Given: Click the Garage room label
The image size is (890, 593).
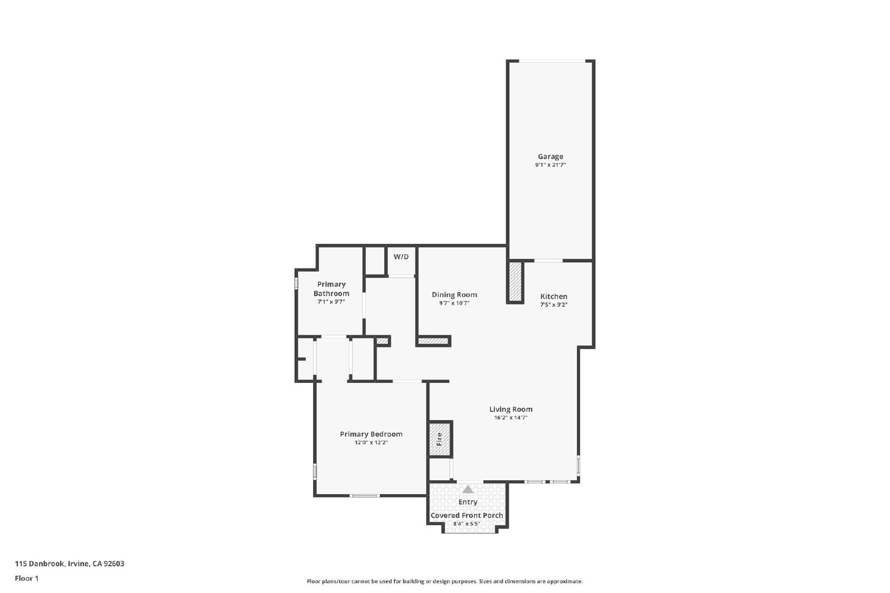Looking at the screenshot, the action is coord(550,156).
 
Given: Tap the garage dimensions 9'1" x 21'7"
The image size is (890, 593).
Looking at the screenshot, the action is coord(550,165).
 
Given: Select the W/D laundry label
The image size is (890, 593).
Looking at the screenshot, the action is coord(401,257).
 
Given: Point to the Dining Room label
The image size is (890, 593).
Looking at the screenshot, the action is coord(454,295).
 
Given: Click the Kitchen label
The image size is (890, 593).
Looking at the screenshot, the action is coord(553,297).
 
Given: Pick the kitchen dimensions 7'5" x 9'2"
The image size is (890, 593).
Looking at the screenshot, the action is coord(553,305).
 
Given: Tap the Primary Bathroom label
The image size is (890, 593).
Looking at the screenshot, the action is coord(331,288).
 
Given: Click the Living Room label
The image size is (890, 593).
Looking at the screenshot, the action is coord(511,409).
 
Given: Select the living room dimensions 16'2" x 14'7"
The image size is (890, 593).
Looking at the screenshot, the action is coord(511,417).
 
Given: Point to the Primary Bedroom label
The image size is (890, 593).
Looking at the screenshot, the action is coord(371,434).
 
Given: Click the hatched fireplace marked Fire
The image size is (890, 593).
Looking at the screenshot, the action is coord(440,438).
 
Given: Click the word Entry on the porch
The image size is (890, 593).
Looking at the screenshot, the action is coord(468,502).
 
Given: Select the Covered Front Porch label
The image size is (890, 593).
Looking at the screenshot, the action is coord(467,515).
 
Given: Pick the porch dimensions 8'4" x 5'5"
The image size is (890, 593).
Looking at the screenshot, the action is coord(467,524).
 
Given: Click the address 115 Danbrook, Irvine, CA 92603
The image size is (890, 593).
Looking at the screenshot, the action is coord(70,564).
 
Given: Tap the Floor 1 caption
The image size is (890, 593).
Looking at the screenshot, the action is coord(27,579).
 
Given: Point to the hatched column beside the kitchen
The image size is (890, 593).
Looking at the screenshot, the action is coord(515,281).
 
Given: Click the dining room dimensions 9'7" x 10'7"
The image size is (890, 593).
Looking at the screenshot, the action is coord(454,303).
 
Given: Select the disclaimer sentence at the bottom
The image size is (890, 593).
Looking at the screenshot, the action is coord(444,581).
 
